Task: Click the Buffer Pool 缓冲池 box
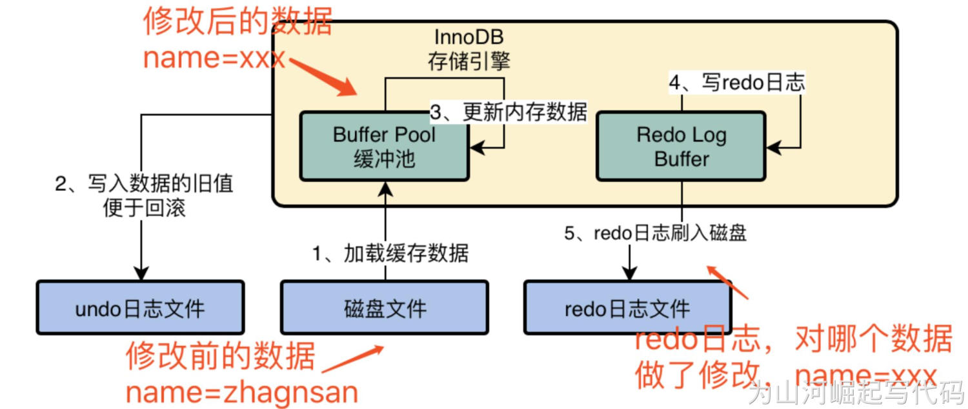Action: (x=384, y=146)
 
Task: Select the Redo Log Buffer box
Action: (x=681, y=146)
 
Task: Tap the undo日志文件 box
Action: (x=140, y=308)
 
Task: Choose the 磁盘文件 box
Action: (x=385, y=308)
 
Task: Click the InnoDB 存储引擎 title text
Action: (x=469, y=50)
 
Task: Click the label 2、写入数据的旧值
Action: (x=144, y=185)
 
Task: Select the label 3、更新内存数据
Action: (x=509, y=112)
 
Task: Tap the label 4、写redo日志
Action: (x=736, y=83)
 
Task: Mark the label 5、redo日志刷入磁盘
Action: (x=655, y=232)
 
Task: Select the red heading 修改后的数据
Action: (x=237, y=22)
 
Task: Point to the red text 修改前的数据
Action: (x=221, y=355)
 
